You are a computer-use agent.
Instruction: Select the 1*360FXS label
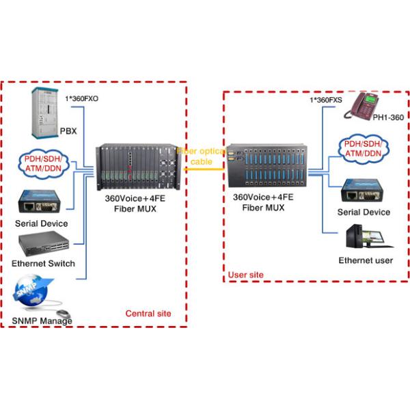[x=327, y=100]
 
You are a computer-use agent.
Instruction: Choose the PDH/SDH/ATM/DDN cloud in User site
[x=363, y=148]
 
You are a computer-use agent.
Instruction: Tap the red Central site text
[x=148, y=314]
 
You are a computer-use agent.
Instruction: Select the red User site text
[x=245, y=275]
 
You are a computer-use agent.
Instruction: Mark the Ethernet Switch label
[x=43, y=264]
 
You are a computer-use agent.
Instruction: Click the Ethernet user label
[x=366, y=260]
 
